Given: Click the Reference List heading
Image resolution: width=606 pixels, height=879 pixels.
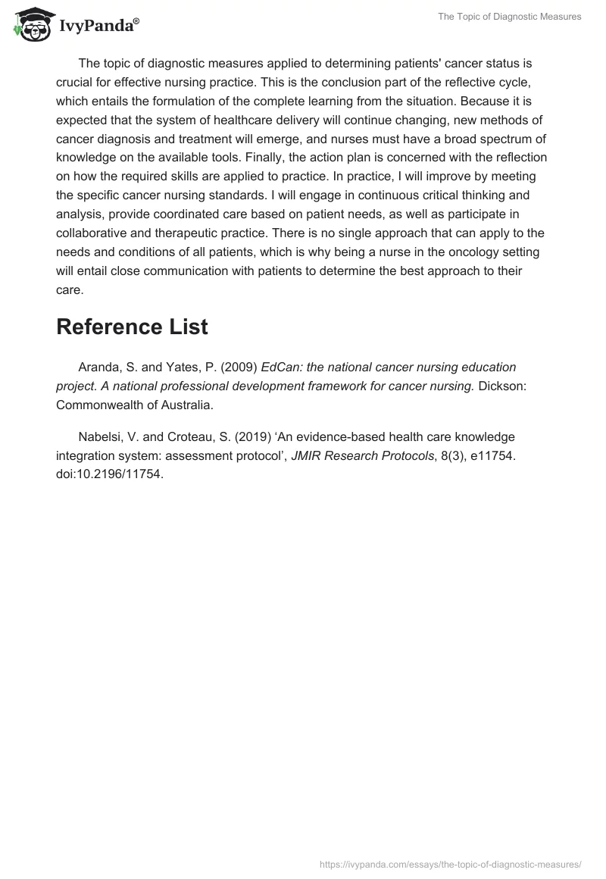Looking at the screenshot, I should (132, 327).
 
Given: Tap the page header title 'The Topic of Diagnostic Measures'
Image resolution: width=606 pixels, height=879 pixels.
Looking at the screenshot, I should (510, 17).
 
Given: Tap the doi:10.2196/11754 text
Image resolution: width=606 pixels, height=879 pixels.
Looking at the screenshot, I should (110, 475).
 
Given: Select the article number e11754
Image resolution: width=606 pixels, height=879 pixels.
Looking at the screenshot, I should (490, 456).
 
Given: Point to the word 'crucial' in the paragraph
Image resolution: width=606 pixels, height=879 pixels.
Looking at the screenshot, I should (75, 82).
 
